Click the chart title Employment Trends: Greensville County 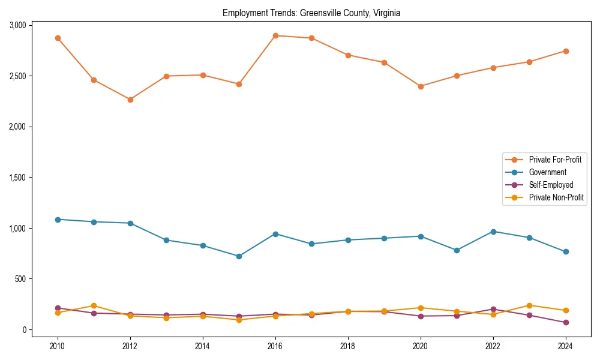tap(311, 13)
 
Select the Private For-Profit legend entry tap(555, 160)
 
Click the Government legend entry tap(547, 172)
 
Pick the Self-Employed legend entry tap(551, 185)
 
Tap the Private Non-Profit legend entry tap(556, 197)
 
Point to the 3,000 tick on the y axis tap(17, 25)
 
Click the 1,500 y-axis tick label tap(17, 178)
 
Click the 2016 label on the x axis tap(275, 346)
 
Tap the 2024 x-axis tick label tap(565, 346)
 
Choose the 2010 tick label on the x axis tap(58, 346)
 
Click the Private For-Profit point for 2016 tap(275, 35)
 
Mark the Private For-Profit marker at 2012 tap(130, 100)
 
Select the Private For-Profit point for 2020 tap(421, 86)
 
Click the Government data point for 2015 tap(239, 256)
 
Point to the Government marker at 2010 tap(58, 220)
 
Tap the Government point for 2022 tap(493, 232)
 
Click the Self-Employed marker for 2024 tap(566, 323)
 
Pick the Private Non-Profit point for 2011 tap(94, 306)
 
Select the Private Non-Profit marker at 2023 tap(529, 305)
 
